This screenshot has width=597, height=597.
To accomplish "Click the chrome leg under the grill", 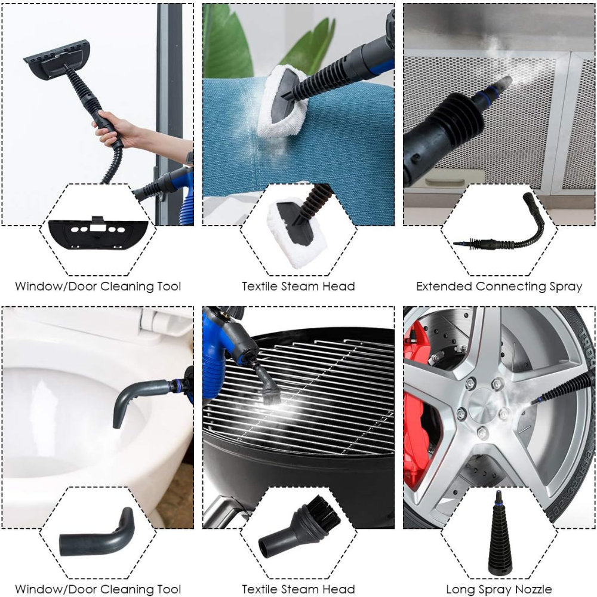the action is coord(219,510).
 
